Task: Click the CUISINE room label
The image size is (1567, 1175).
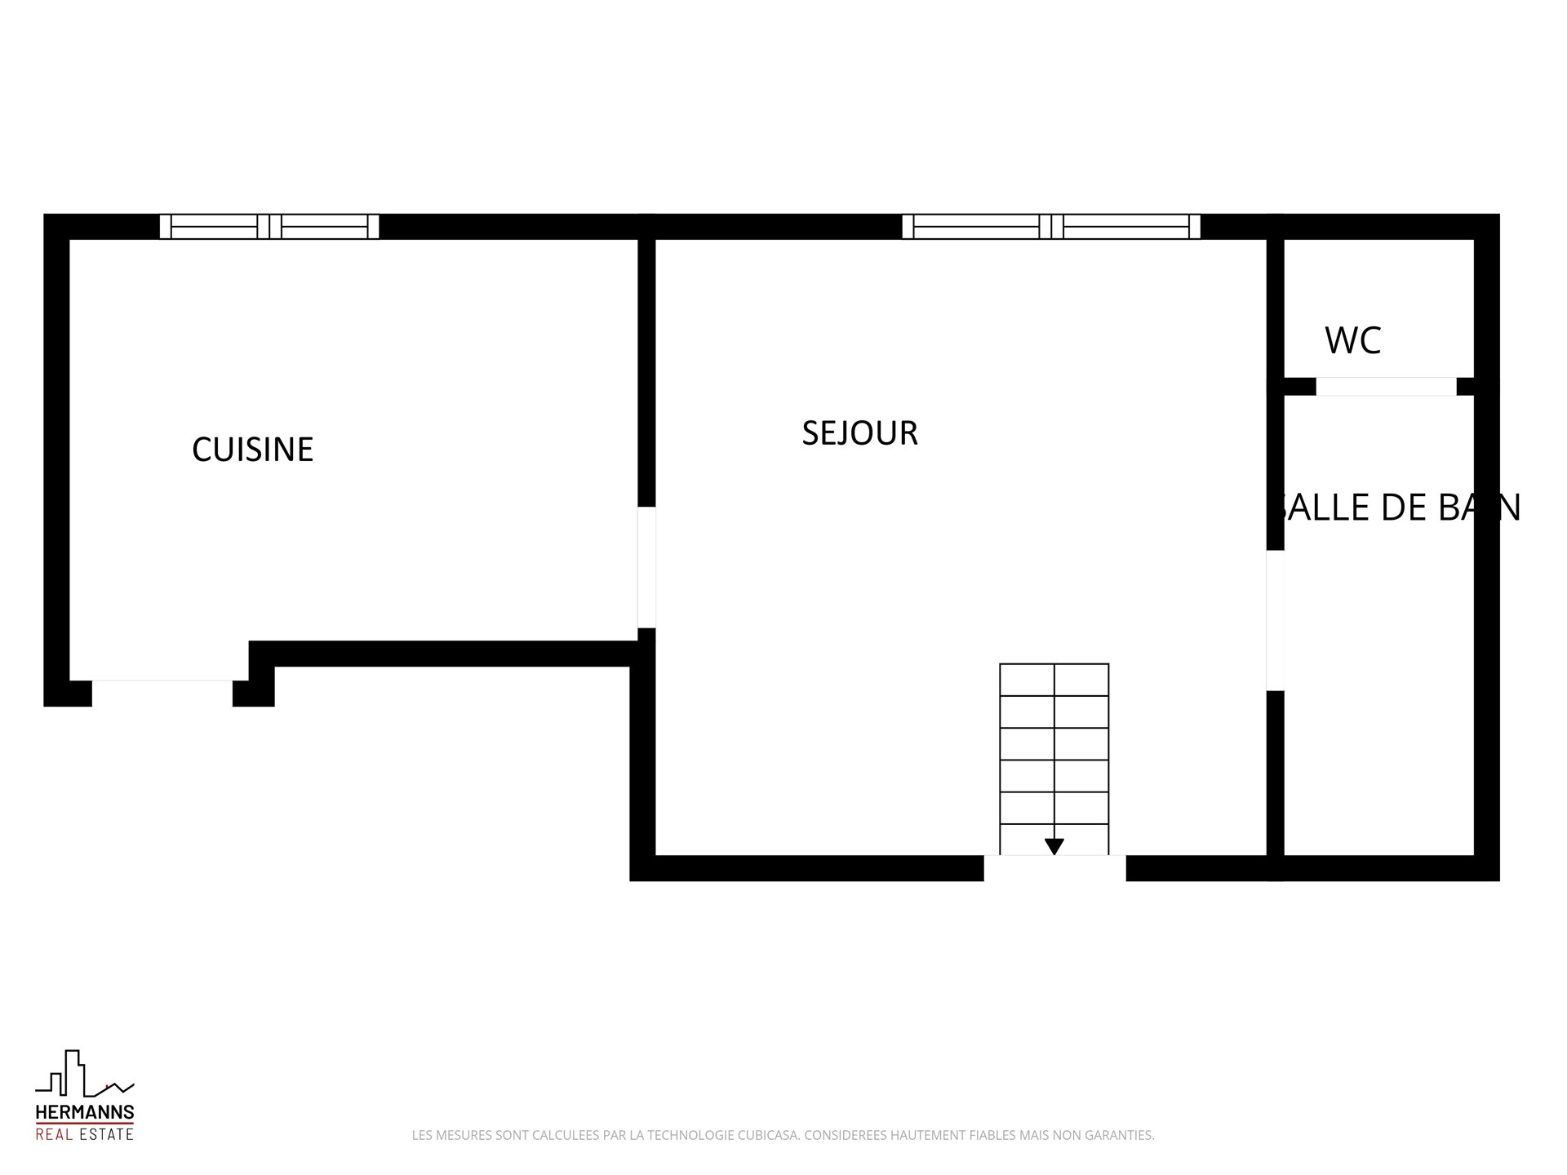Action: click(x=252, y=450)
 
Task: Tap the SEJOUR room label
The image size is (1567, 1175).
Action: click(x=859, y=433)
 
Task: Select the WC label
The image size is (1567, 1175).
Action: click(x=1352, y=341)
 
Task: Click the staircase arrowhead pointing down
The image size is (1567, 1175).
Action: click(x=1054, y=846)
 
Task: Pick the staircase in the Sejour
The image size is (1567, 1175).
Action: click(x=1054, y=759)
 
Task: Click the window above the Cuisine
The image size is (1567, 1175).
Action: click(x=269, y=226)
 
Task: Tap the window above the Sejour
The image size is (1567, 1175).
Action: click(x=1051, y=226)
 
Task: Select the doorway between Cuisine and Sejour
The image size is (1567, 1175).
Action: click(x=646, y=567)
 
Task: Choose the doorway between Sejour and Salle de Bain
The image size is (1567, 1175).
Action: click(x=1275, y=620)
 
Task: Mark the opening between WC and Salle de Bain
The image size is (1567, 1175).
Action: click(x=1386, y=387)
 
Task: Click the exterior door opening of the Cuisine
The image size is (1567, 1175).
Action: click(x=162, y=693)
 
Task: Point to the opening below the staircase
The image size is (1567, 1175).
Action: click(x=1054, y=868)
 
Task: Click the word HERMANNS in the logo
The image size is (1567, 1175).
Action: click(x=85, y=1112)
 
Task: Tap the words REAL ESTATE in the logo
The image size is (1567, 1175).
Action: click(x=85, y=1134)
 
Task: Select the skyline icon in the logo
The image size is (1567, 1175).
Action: click(x=85, y=1073)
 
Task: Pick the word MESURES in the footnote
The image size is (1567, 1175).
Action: click(x=463, y=1135)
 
